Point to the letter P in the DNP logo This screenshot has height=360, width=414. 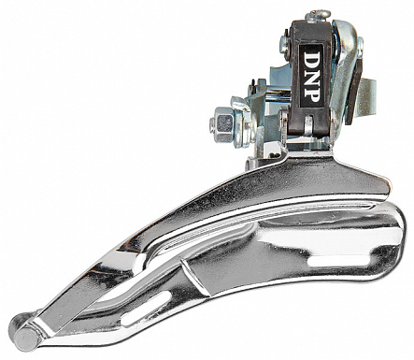coord(312,93)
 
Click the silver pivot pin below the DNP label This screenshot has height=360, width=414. coord(308,124)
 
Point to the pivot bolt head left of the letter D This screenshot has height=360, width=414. coord(284,40)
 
